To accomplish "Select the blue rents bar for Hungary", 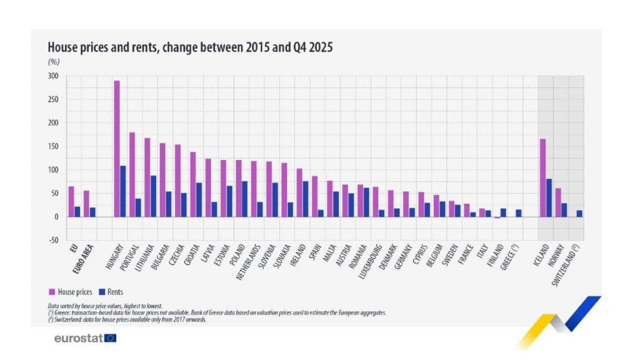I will point(123,191).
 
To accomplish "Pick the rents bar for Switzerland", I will point(579,214).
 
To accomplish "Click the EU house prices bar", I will point(71,201).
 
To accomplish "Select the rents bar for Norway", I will point(564,210).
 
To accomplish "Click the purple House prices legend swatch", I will point(52,292).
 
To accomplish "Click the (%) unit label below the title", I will point(52,61).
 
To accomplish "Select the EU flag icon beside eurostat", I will point(111,338).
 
